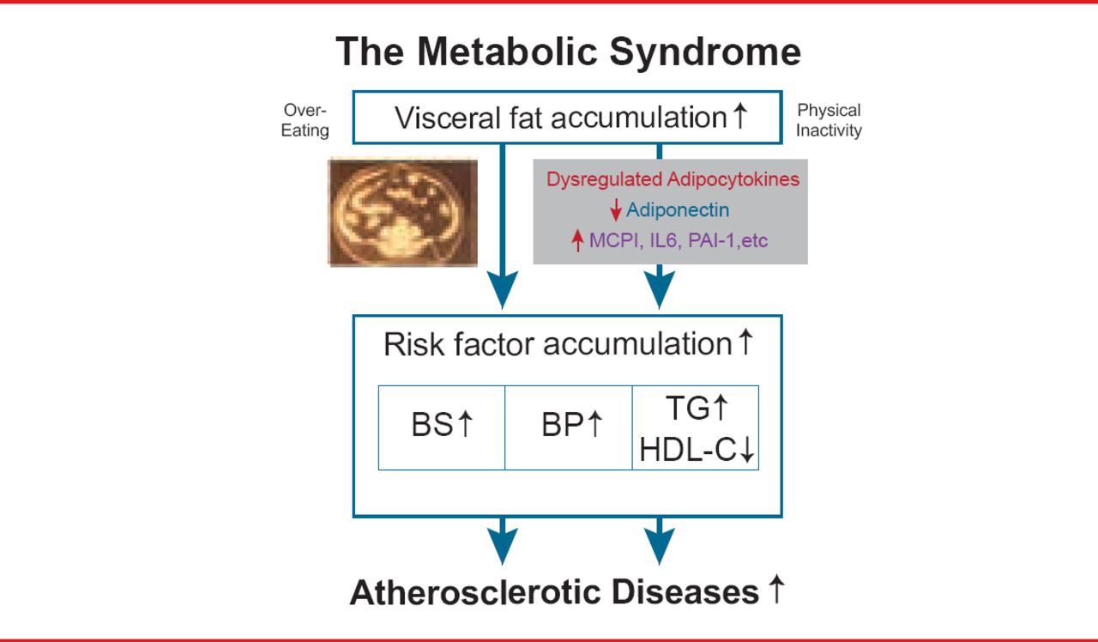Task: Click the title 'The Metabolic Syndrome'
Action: tap(568, 51)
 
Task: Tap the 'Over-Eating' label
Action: tap(305, 120)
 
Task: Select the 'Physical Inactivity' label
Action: tap(829, 120)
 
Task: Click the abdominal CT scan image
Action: tap(403, 212)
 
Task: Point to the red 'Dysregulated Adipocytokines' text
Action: tap(673, 179)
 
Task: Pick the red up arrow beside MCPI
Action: tap(577, 241)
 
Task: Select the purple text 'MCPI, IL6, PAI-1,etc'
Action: tap(678, 241)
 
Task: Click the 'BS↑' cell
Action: tap(442, 427)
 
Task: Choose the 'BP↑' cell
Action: tap(569, 427)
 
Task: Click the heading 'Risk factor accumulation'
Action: tap(558, 344)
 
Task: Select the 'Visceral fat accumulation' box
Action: tap(567, 117)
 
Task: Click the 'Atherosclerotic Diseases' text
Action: tap(554, 593)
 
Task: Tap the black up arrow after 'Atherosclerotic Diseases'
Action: tap(775, 591)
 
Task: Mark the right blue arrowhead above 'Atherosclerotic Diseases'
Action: tap(659, 544)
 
